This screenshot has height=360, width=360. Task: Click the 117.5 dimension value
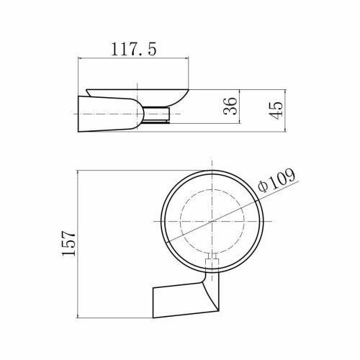(133, 49)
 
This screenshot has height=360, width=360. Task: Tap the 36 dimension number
(230, 106)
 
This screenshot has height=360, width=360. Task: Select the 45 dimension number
(276, 111)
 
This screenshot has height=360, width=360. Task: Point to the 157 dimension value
(69, 243)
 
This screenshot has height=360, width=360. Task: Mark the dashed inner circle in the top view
(181, 221)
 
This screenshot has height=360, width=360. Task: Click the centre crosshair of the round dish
(212, 221)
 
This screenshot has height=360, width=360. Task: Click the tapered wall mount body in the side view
(108, 114)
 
